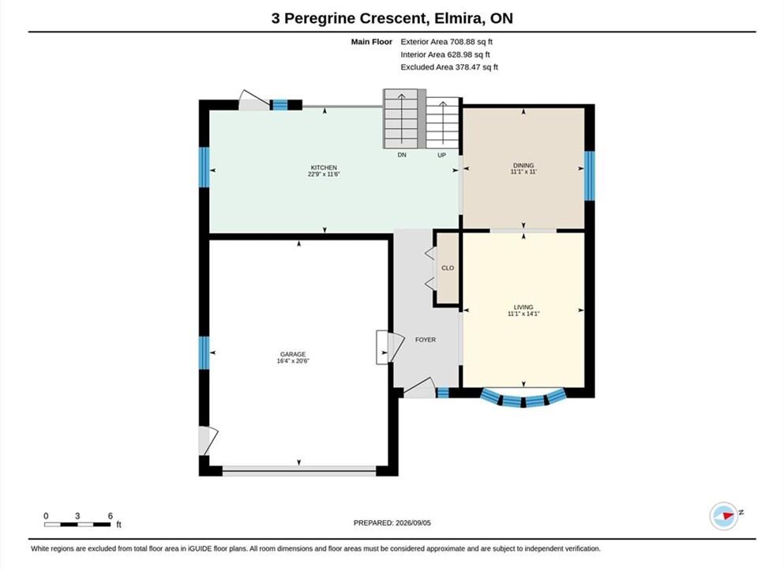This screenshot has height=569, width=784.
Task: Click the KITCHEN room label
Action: [324, 168]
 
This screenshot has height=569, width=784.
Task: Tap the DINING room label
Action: [523, 165]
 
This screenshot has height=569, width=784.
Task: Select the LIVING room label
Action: [523, 307]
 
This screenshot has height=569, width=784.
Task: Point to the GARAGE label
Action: [292, 354]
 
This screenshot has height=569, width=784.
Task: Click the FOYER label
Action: [426, 339]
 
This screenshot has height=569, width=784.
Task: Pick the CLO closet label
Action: [448, 268]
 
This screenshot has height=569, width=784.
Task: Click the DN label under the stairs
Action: [402, 155]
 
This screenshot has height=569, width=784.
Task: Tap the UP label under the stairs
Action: [441, 155]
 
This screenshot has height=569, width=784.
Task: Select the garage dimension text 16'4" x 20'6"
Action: [293, 361]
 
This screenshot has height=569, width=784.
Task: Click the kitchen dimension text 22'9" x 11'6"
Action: [324, 174]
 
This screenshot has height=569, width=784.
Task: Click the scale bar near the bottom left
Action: [77, 525]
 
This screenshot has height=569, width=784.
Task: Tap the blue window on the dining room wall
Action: [590, 175]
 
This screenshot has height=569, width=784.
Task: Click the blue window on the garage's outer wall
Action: [204, 352]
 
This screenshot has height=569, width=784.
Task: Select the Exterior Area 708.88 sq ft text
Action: [447, 42]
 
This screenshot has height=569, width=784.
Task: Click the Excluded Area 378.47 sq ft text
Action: [449, 66]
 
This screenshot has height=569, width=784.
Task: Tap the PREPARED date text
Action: [392, 522]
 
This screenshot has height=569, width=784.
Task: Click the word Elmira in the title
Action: [459, 18]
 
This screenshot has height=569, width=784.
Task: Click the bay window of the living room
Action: [523, 399]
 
